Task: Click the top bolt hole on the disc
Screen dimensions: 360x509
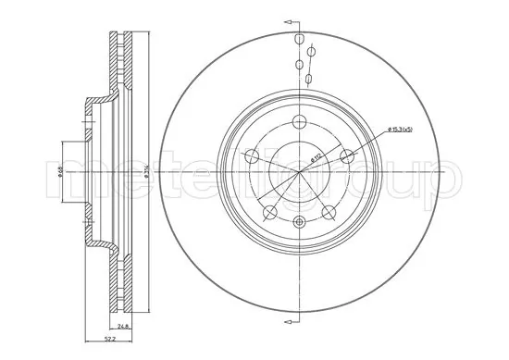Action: coord(300,123)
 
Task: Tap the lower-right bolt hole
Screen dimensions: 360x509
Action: coord(328,213)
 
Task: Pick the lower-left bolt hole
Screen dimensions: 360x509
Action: coord(271,213)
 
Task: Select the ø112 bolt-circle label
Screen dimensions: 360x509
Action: coord(317,158)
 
